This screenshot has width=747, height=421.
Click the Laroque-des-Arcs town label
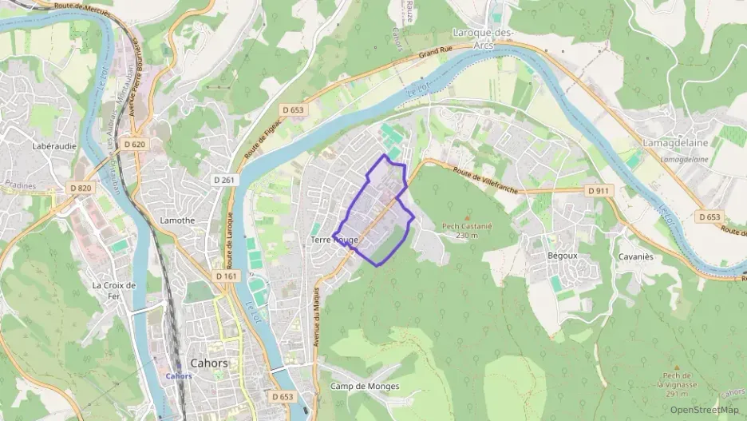[484, 39]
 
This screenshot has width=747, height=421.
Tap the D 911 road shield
[599, 191]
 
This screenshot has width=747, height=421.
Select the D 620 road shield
[135, 145]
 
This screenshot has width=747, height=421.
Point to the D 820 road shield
[81, 188]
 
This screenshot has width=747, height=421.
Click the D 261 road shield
[227, 181]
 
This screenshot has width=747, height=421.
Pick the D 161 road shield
[227, 276]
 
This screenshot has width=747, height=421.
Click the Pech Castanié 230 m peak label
[467, 230]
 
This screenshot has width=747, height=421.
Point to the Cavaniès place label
[635, 256]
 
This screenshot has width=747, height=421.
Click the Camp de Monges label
[364, 387]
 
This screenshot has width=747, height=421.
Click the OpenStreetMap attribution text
[704, 410]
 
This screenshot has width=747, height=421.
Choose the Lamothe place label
[178, 220]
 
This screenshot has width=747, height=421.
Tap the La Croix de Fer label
[115, 290]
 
